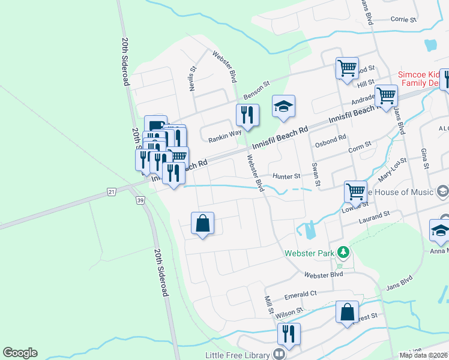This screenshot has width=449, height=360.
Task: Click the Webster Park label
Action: pos(309,254)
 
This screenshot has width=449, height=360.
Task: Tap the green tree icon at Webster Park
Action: pos(343,251)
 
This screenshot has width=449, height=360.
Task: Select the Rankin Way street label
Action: pos(224,139)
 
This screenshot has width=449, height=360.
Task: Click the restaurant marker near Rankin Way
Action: pos(247,114)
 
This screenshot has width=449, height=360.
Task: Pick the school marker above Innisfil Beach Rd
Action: pos(284,107)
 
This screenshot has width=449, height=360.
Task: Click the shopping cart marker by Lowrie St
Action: pos(355,192)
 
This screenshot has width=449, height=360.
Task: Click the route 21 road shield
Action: pos(111,191)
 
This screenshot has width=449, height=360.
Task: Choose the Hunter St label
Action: pos(286,176)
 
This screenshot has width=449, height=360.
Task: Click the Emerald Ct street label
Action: pos(300,294)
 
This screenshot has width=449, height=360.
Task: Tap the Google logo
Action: pos(20,353)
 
